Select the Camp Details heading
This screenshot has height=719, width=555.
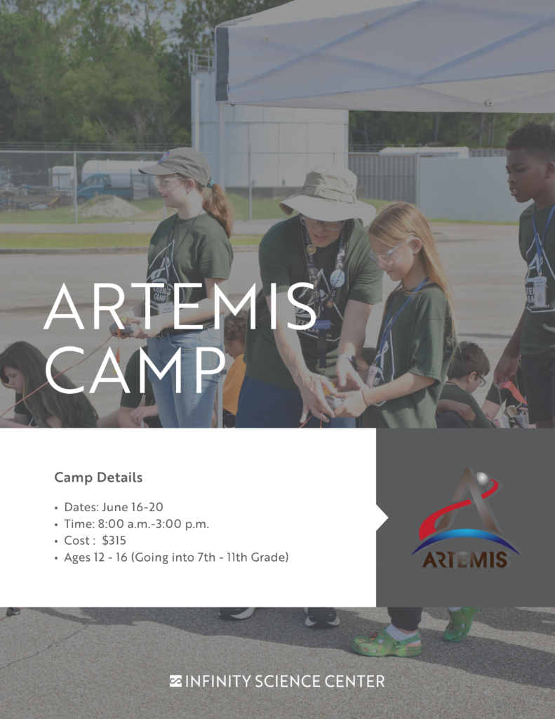click(98, 477)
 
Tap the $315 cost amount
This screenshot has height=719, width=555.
click(114, 541)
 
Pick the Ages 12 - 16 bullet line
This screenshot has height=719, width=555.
click(176, 558)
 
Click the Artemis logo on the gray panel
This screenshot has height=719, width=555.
click(464, 520)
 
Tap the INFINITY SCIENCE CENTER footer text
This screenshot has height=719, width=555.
click(284, 681)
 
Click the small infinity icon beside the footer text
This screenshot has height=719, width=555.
click(175, 681)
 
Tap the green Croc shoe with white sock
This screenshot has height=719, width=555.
click(387, 642)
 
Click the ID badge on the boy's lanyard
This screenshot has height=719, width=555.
click(539, 291)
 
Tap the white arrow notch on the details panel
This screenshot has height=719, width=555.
click(382, 518)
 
